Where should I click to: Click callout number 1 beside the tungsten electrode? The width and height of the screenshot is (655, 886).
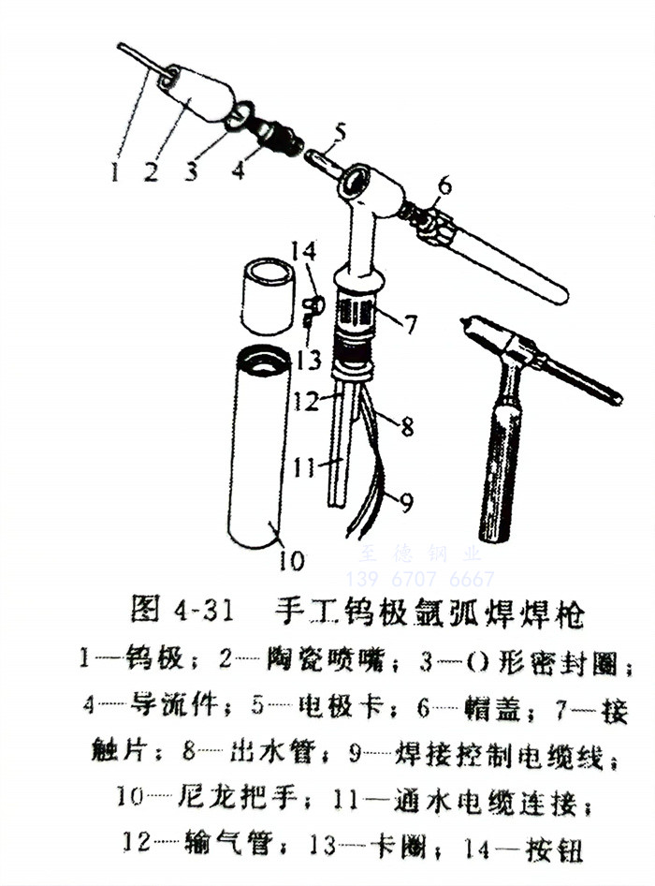click(114, 173)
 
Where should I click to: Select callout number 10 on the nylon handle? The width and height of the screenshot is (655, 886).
click(291, 560)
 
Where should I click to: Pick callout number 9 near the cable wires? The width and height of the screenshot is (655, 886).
click(404, 502)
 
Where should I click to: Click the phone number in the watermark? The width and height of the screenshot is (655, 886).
click(421, 580)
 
